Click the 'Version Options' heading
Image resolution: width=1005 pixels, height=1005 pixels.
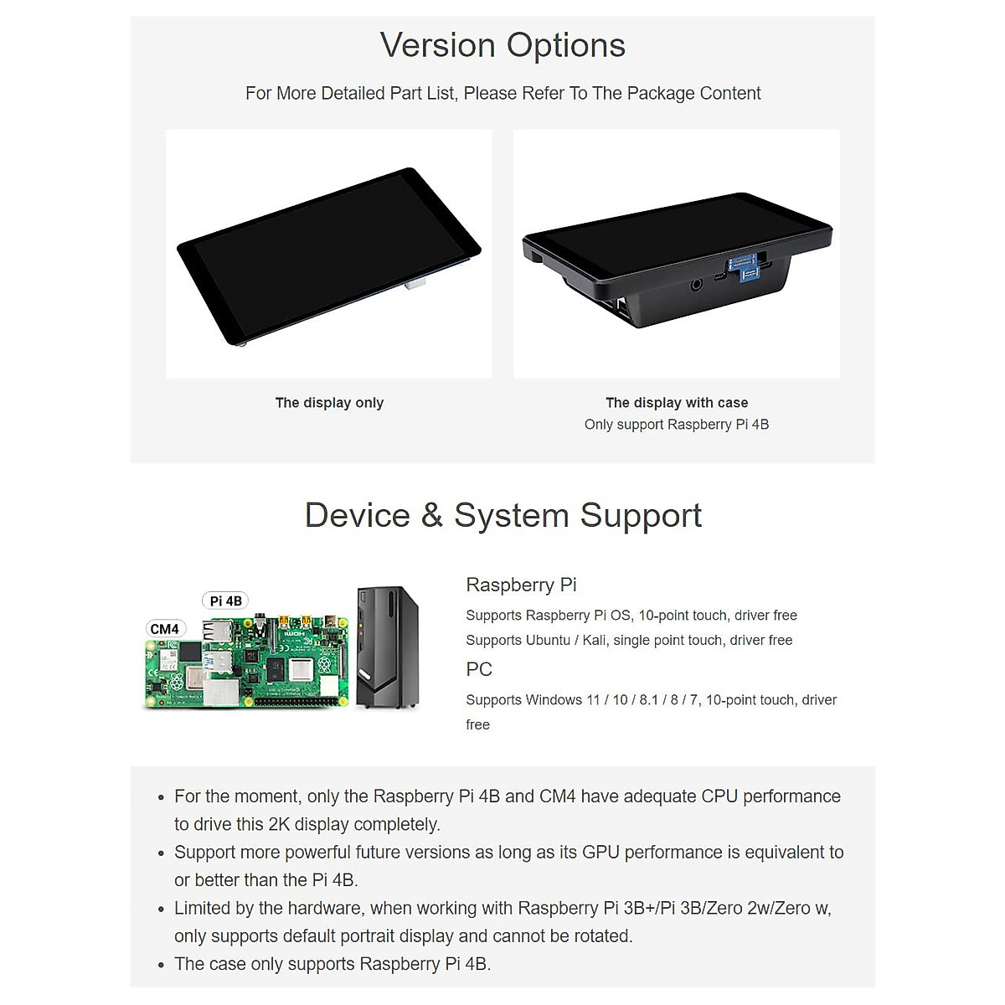click(x=502, y=45)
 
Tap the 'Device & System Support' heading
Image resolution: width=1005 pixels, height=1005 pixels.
click(x=502, y=515)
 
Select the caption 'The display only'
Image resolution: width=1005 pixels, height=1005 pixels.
click(x=329, y=403)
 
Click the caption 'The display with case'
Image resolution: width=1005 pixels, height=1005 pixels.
click(x=677, y=403)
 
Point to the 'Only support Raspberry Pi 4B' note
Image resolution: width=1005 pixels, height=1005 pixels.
click(x=677, y=425)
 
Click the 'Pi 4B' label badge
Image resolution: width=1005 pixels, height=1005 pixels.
click(x=226, y=600)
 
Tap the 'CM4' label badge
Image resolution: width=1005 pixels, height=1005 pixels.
click(x=164, y=629)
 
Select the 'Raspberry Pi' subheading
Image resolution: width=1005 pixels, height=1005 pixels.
click(x=521, y=585)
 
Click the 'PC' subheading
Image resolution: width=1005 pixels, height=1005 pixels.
click(x=479, y=669)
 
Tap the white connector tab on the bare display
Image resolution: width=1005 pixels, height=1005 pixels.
click(x=415, y=285)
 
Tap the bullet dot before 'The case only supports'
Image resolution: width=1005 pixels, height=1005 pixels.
click(x=162, y=966)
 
